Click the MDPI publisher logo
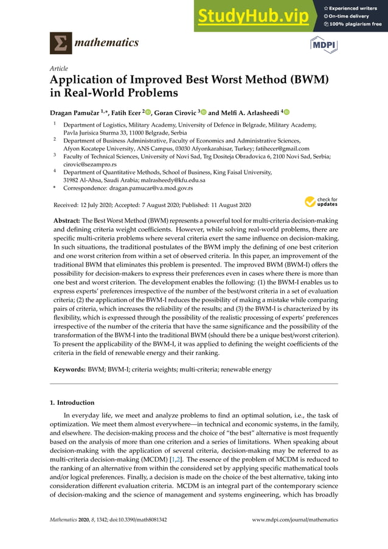pyautogui.click(x=324, y=44)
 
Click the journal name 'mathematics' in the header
pyautogui.click(x=106, y=43)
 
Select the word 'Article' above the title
pyautogui.click(x=58, y=68)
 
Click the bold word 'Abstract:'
pyautogui.click(x=67, y=220)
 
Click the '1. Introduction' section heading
pyautogui.click(x=72, y=402)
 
